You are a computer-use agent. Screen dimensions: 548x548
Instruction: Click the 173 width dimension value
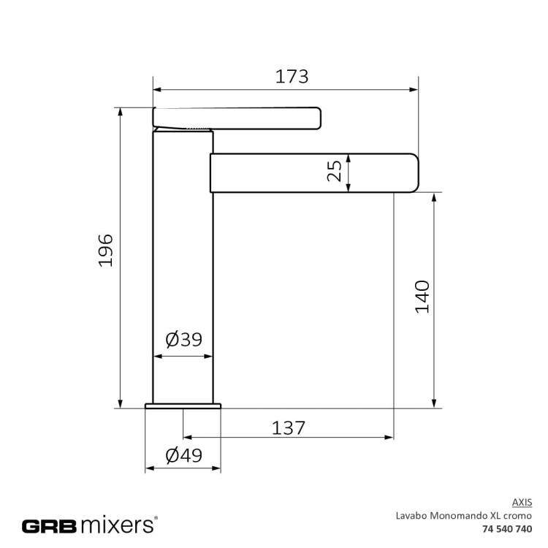[292, 76]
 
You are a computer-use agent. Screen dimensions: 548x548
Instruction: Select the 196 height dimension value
[106, 250]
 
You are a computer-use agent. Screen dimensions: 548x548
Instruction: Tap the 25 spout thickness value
[334, 172]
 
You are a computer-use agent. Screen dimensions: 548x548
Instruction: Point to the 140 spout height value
[422, 297]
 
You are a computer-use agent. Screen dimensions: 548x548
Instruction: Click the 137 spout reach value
[288, 427]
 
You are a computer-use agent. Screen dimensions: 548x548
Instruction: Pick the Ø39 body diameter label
[183, 339]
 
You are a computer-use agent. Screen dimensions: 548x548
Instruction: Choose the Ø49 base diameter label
[183, 455]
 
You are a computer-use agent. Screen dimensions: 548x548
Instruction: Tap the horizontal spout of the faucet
[314, 173]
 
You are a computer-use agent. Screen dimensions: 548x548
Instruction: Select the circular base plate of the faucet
[183, 405]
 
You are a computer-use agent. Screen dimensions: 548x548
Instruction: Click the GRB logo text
[47, 525]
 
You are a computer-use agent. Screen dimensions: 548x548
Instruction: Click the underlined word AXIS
[522, 503]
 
